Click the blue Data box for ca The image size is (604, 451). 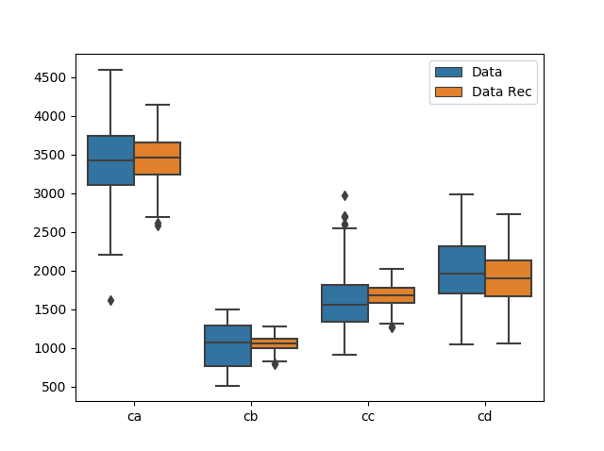click(110, 160)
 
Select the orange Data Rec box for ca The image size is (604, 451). click(158, 159)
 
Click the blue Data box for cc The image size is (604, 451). click(344, 303)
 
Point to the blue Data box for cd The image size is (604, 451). click(461, 270)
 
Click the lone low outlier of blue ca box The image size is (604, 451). click(110, 300)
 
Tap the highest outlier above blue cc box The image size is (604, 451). click(344, 195)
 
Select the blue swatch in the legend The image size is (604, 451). click(447, 72)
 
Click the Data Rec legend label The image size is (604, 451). click(501, 92)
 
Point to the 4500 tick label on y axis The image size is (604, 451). click(47, 77)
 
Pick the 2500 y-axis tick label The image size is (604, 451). click(47, 232)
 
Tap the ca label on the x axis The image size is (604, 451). click(134, 415)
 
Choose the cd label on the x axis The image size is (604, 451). click(485, 415)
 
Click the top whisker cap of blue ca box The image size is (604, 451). click(110, 70)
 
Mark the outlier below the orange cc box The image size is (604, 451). click(392, 327)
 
